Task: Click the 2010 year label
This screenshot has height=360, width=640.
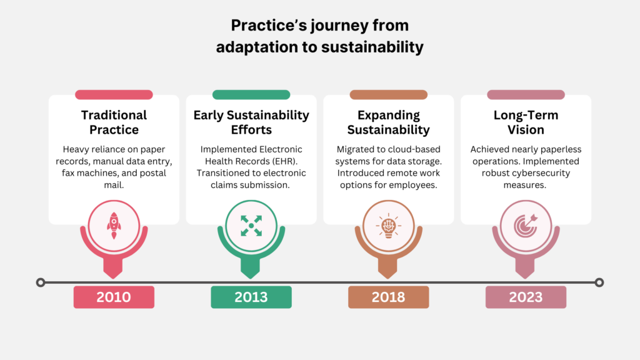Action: [x=114, y=297]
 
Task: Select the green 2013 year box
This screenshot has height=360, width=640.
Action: [x=251, y=297]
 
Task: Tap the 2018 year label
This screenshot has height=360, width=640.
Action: [x=388, y=297]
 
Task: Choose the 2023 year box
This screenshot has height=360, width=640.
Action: [x=526, y=297]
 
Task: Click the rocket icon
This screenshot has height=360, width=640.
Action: [x=114, y=225]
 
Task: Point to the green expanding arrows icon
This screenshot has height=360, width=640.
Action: [x=251, y=225]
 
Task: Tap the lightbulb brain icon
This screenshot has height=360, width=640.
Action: [x=388, y=225]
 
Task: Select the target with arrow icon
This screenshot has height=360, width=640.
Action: [x=526, y=225]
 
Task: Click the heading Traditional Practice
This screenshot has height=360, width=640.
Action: [x=114, y=122]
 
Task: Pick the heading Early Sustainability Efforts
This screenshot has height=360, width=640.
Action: [x=251, y=122]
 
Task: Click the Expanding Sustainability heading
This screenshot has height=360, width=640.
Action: [x=388, y=122]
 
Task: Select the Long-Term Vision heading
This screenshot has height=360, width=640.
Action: [x=526, y=122]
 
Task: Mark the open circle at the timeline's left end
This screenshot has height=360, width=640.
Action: [x=41, y=282]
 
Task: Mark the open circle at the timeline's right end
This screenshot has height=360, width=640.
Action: [x=599, y=282]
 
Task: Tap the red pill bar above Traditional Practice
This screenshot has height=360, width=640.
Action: [x=114, y=95]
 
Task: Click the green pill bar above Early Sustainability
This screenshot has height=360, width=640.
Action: [x=251, y=95]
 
